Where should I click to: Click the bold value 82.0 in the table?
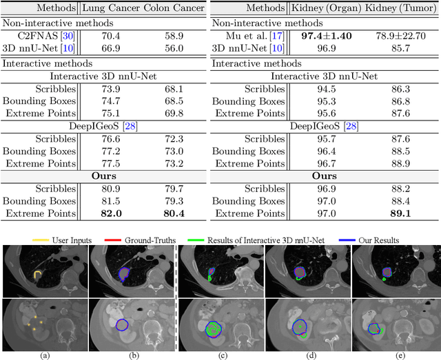(112, 213)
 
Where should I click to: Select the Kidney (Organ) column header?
(324, 8)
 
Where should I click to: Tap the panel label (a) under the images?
(45, 355)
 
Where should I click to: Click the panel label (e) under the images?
(396, 355)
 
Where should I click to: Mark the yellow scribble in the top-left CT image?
(38, 277)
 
